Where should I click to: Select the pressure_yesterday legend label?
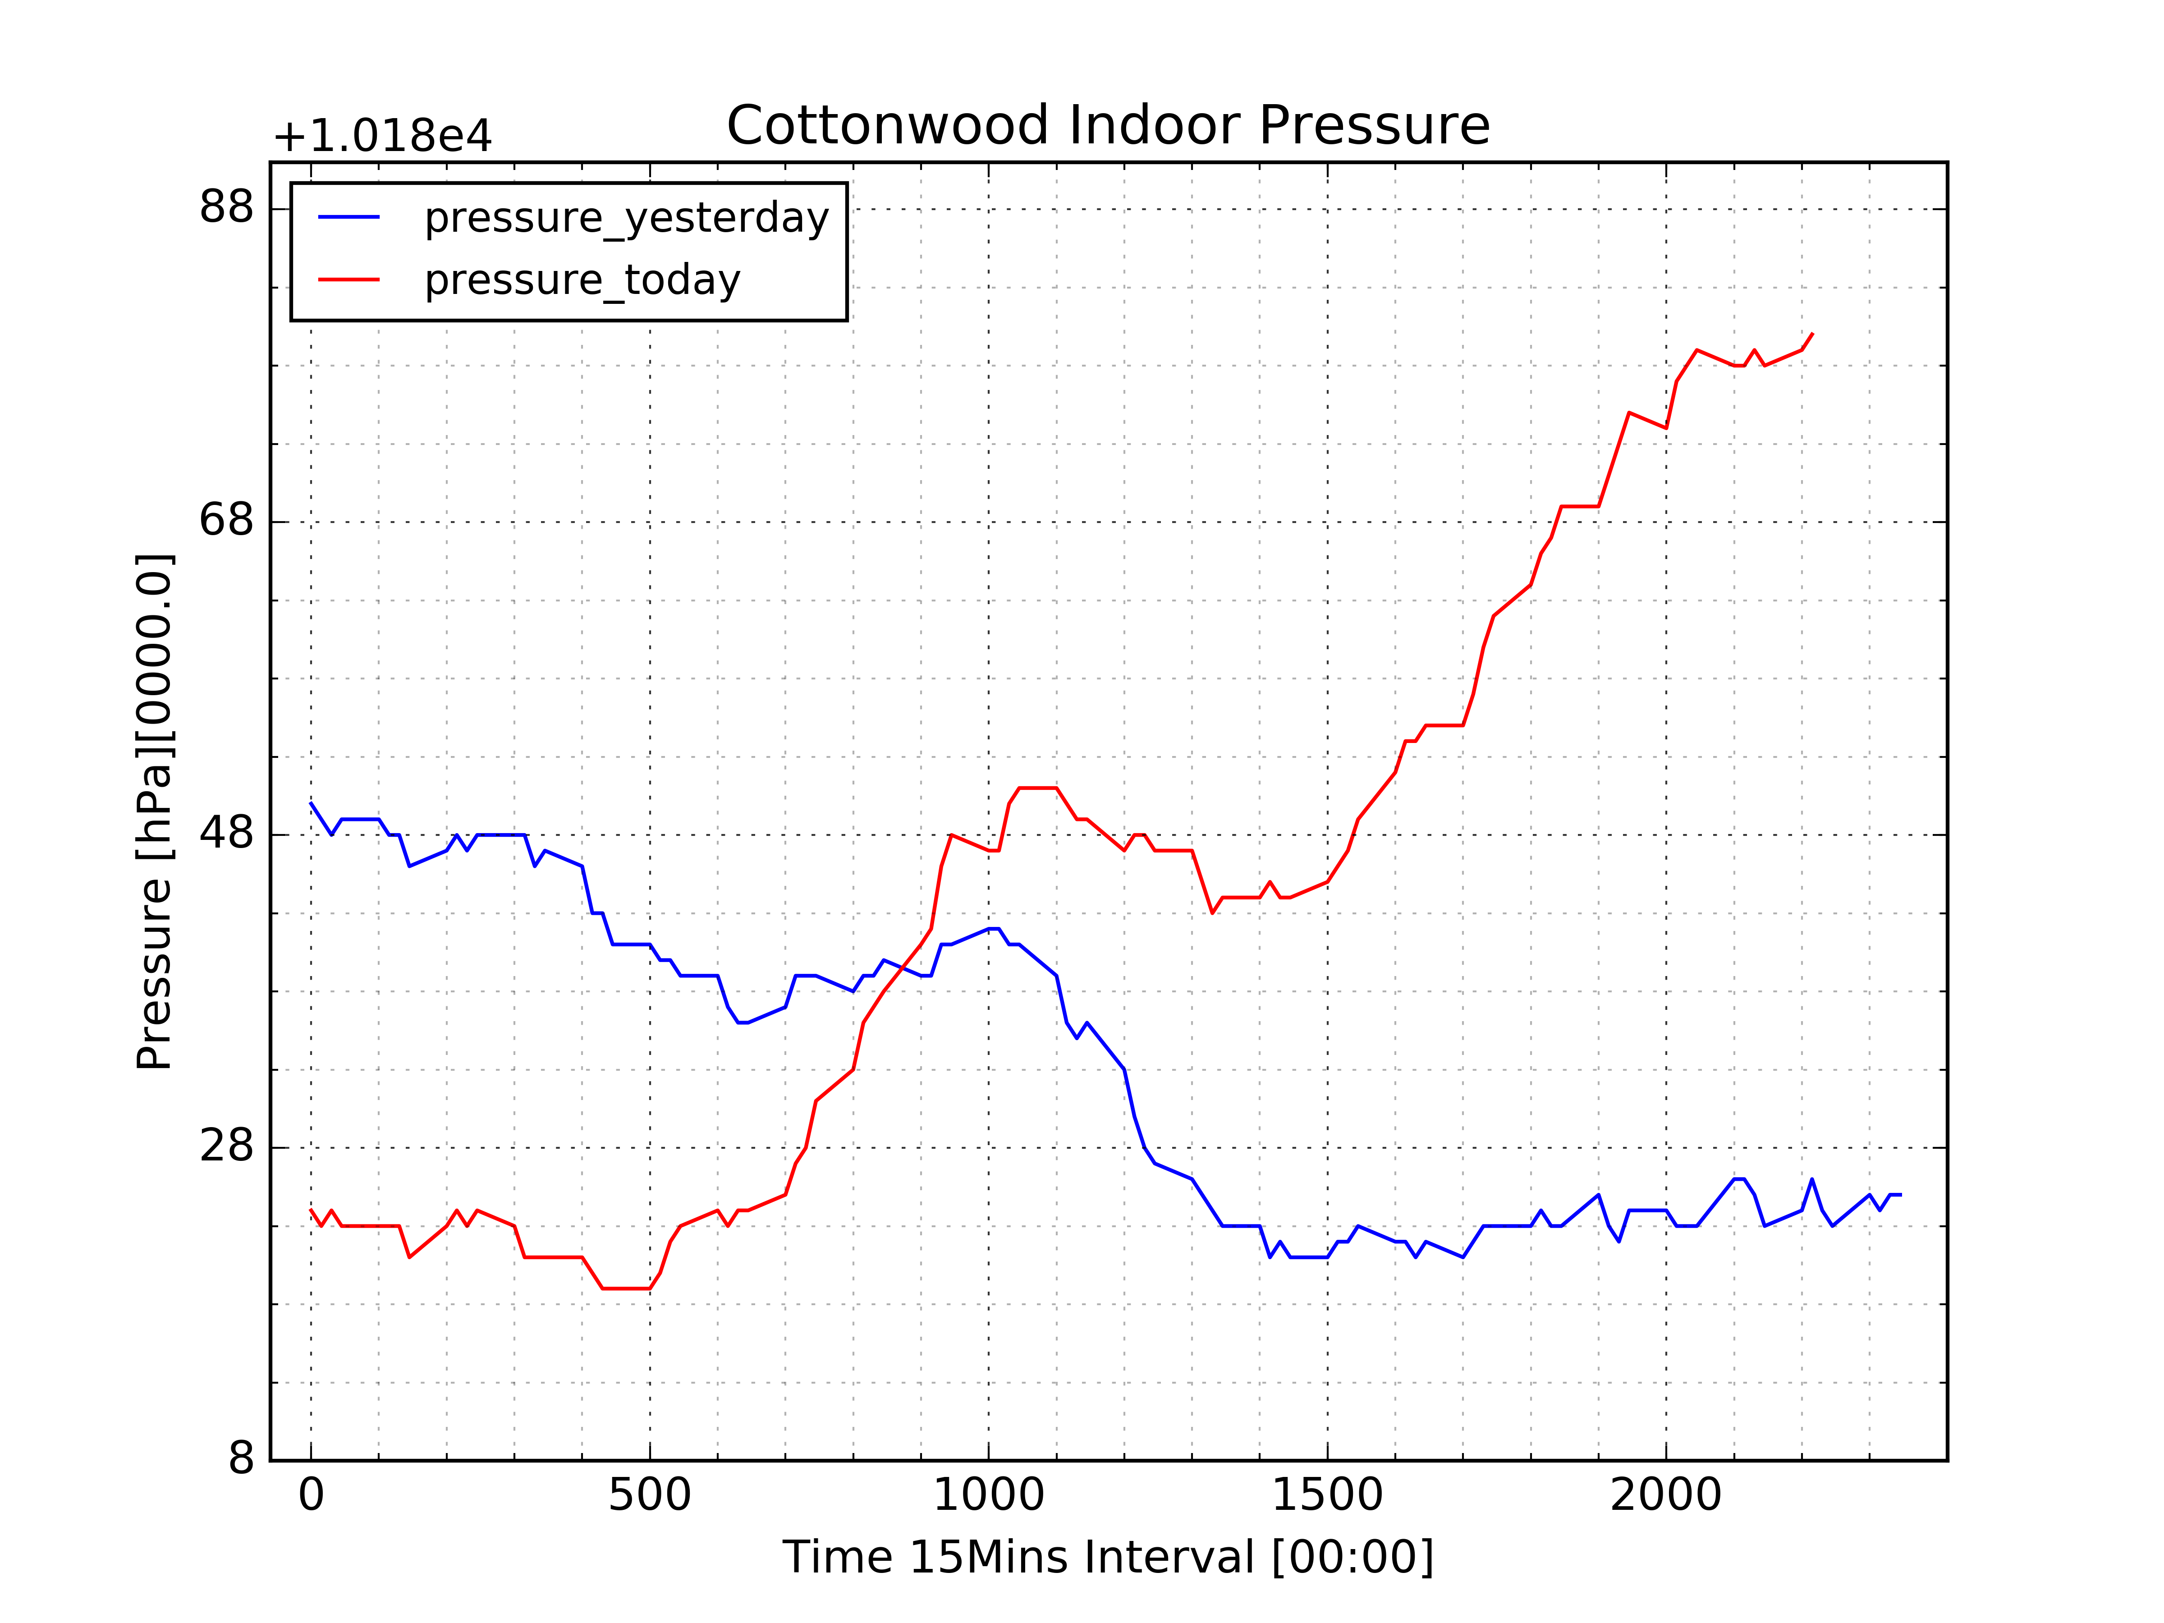tap(626, 217)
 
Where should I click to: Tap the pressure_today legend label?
tap(582, 280)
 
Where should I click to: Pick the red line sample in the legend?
tap(349, 280)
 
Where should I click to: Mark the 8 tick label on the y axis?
tap(241, 1460)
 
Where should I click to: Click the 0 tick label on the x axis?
tap(311, 1497)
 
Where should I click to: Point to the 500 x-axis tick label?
tap(650, 1497)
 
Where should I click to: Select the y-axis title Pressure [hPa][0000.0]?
tap(155, 812)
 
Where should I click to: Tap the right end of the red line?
tap(1812, 334)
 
